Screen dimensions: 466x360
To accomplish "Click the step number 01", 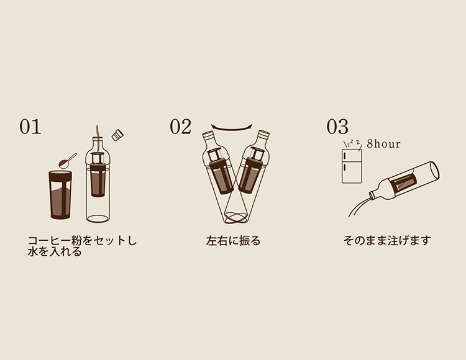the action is click(x=30, y=127).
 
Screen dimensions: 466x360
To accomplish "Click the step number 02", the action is click(x=181, y=127).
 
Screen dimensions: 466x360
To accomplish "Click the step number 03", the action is click(x=337, y=127).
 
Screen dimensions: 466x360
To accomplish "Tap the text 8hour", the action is click(x=384, y=144).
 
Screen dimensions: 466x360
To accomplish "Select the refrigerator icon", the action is click(x=352, y=166).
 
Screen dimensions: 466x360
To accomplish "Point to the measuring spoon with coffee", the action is click(x=68, y=161).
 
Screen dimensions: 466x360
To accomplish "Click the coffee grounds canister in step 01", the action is click(x=60, y=195).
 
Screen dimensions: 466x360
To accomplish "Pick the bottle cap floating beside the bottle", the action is click(x=117, y=135).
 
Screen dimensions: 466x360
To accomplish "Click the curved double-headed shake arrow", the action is click(x=232, y=128).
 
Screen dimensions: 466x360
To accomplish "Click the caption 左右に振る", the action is click(x=233, y=241).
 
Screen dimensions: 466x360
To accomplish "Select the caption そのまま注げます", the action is click(x=387, y=240).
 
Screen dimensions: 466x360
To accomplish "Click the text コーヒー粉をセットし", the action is click(x=82, y=240).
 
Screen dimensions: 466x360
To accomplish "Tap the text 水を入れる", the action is click(x=55, y=251).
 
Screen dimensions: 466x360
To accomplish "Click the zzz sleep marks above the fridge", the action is click(x=352, y=143).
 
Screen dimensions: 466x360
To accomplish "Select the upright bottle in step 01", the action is click(x=98, y=178).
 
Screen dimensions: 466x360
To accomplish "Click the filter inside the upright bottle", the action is click(x=98, y=175).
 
